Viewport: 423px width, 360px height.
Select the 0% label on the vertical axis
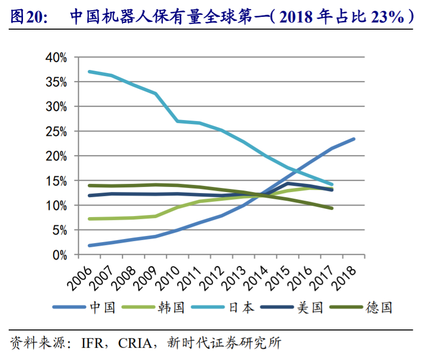60,254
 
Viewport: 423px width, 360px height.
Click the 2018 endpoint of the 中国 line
354,139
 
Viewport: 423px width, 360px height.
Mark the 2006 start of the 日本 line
89,71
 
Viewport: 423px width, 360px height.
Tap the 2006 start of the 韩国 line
89,219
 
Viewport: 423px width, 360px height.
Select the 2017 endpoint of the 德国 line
332,208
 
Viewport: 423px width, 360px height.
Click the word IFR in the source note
93,342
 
